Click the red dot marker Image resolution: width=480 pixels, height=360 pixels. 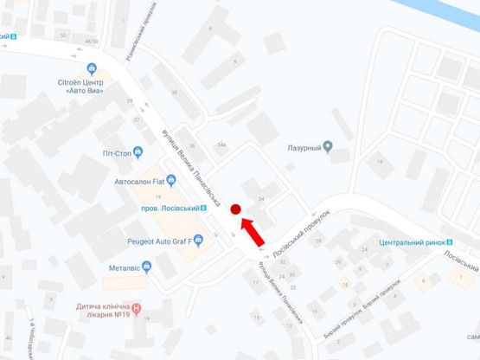[x=235, y=209]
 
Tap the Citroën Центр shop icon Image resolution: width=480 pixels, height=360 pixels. [x=93, y=68]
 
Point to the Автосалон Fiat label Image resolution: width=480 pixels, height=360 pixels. [x=139, y=183]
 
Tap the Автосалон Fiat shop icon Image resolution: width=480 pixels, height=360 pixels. [x=171, y=182]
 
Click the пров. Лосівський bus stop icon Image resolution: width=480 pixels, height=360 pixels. [x=204, y=208]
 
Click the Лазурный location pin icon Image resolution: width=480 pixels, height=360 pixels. [x=328, y=146]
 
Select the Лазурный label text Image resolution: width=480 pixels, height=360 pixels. [x=304, y=148]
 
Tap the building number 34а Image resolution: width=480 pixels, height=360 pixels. [x=221, y=145]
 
